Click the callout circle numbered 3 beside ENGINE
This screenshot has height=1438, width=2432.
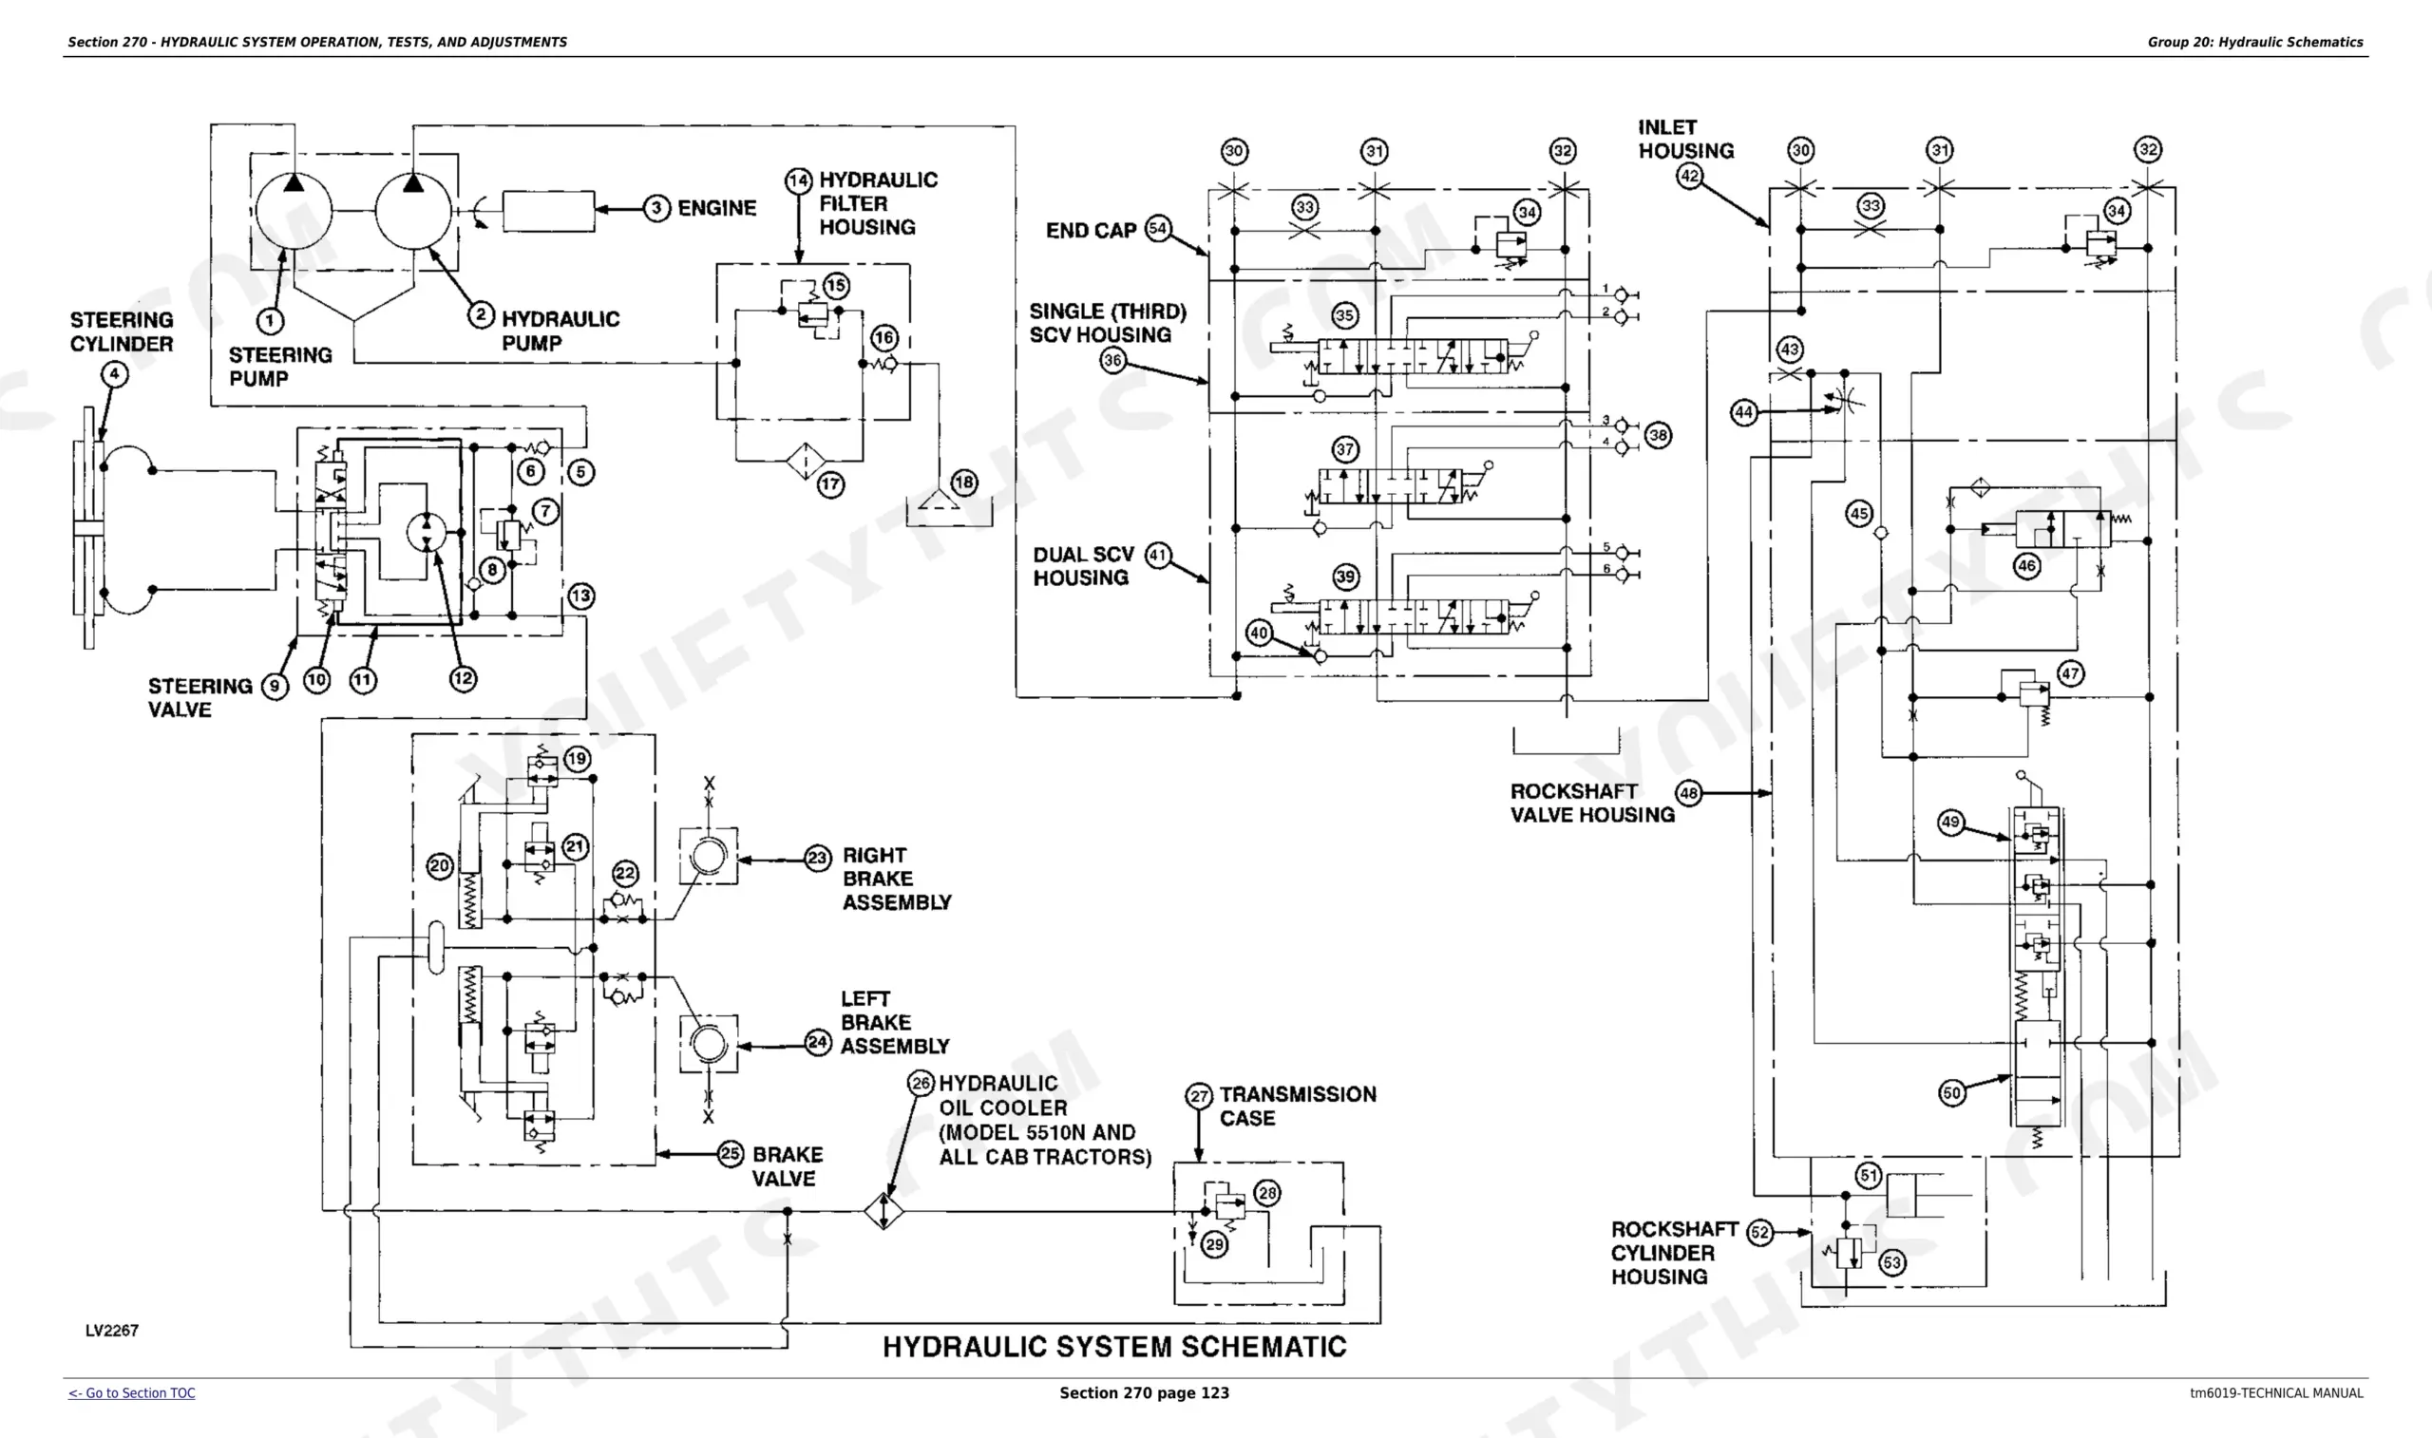tap(657, 208)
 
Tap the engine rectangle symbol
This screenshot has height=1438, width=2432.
tap(548, 211)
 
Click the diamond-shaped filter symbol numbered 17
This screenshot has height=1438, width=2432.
tap(806, 462)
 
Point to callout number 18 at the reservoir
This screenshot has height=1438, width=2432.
tap(964, 482)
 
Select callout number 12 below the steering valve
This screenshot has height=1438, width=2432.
tap(464, 678)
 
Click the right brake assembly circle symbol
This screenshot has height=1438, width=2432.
tap(709, 856)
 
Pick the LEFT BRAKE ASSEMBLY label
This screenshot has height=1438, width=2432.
tap(894, 1022)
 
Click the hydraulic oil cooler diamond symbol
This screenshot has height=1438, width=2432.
tap(883, 1211)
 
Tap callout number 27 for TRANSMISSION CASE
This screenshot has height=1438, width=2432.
tap(1200, 1096)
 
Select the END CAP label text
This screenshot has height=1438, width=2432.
tap(1091, 231)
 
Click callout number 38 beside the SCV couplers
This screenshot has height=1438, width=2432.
tap(1658, 435)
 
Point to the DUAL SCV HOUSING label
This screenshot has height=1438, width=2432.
tap(1082, 566)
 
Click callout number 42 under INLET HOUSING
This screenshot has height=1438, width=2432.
tap(1690, 177)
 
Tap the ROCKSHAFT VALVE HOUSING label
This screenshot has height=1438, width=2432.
tap(1592, 804)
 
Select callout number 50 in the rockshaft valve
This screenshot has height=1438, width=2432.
tap(1951, 1093)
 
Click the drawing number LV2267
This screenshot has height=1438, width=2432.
tap(111, 1331)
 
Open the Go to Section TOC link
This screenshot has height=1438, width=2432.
tap(132, 1393)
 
